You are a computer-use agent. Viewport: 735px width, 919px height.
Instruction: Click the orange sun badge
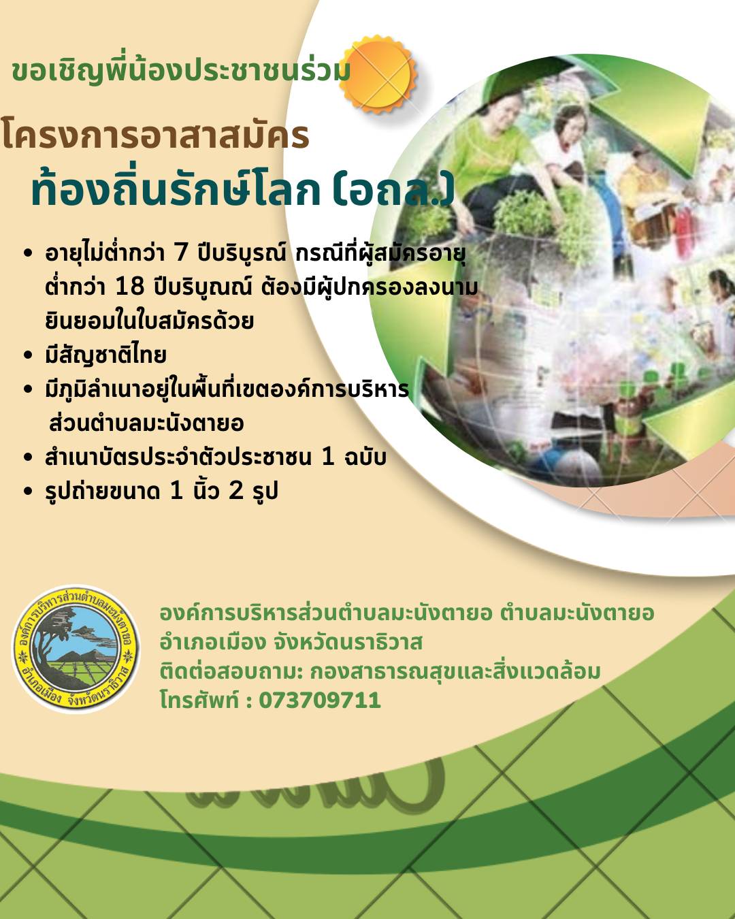pyautogui.click(x=378, y=74)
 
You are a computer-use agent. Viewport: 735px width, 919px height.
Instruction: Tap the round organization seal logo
pyautogui.click(x=76, y=649)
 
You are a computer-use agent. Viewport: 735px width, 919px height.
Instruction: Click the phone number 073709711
pyautogui.click(x=319, y=700)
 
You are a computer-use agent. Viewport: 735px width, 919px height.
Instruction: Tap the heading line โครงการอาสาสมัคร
pyautogui.click(x=155, y=135)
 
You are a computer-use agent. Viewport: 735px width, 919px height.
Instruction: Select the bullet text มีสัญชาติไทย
pyautogui.click(x=105, y=355)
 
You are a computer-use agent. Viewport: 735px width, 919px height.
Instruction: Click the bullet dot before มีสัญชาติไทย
pyautogui.click(x=28, y=355)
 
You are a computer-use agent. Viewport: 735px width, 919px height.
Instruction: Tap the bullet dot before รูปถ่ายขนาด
pyautogui.click(x=28, y=491)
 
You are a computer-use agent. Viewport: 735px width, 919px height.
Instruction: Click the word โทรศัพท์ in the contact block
pyautogui.click(x=199, y=700)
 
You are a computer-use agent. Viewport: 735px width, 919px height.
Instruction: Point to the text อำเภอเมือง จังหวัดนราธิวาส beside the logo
pyautogui.click(x=291, y=642)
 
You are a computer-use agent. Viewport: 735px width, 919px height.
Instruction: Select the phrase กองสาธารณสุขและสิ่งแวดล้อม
pyautogui.click(x=455, y=671)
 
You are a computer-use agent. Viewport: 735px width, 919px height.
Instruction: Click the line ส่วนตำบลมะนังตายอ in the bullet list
pyautogui.click(x=146, y=423)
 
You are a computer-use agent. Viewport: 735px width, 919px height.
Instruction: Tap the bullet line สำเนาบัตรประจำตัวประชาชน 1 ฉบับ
pyautogui.click(x=216, y=457)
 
